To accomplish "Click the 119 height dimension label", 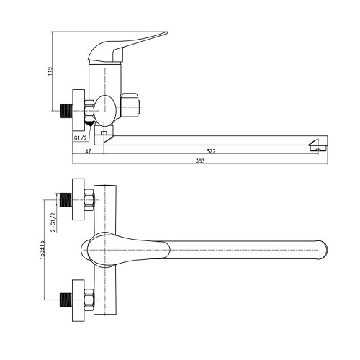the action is (50, 71).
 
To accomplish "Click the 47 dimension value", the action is (89, 151).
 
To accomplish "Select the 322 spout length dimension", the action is (211, 151).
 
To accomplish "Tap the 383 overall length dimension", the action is (200, 161).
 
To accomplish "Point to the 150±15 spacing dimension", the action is (42, 250).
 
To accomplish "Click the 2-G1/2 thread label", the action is (53, 222).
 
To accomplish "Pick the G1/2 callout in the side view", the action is (80, 138).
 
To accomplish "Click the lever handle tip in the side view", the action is (166, 32).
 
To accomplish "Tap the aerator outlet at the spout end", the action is (318, 148).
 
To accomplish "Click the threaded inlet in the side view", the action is (66, 111).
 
